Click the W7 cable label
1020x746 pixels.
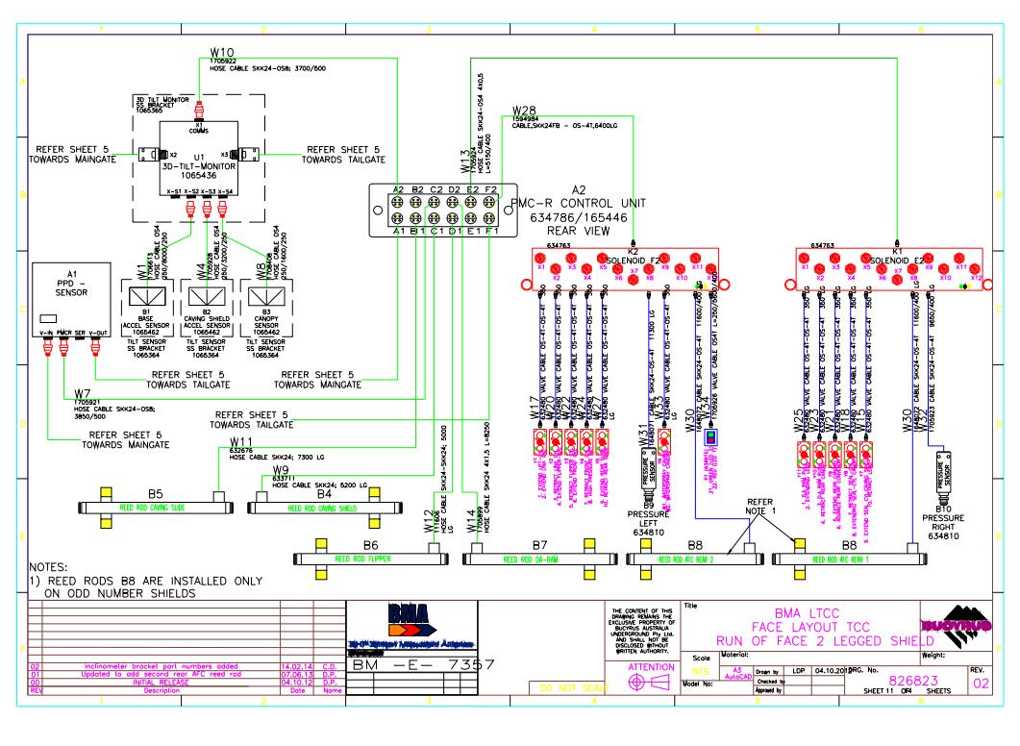point(83,394)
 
